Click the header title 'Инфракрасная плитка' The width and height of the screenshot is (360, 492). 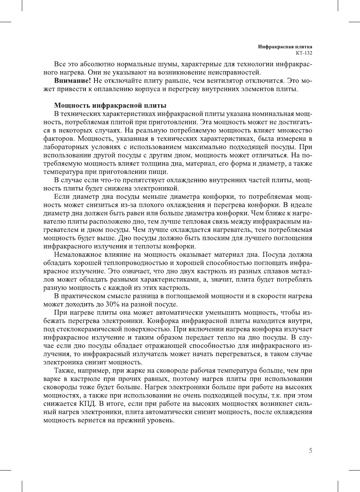[285, 47]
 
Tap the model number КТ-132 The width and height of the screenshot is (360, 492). [304, 53]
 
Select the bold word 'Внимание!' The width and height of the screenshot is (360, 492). [72, 81]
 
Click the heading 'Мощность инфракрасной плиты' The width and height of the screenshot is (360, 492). [110, 105]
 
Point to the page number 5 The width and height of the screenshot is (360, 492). [310, 451]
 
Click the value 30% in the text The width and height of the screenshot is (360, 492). [112, 304]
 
